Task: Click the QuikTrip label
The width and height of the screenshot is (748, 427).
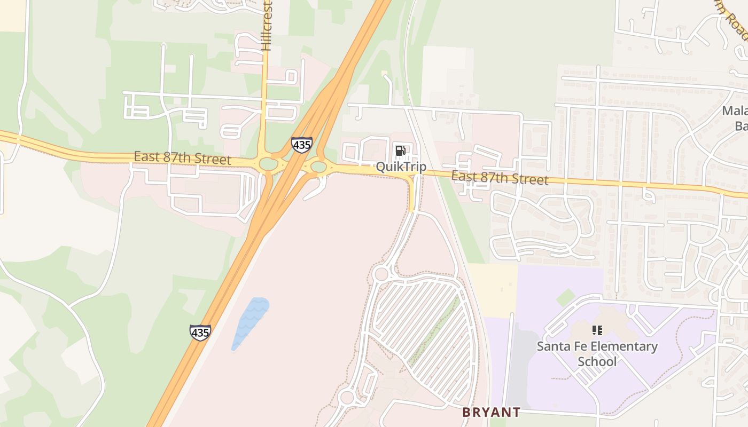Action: (401, 167)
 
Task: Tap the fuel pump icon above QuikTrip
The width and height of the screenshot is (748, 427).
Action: (400, 150)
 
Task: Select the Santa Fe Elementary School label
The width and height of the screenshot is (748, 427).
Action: (597, 353)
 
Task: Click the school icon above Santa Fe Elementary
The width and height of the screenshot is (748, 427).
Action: (597, 330)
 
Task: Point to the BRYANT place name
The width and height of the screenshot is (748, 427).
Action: (491, 412)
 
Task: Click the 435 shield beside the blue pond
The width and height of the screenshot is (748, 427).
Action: (200, 333)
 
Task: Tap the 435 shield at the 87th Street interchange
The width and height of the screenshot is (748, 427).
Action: (301, 145)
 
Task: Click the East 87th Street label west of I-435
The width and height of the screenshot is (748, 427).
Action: (182, 158)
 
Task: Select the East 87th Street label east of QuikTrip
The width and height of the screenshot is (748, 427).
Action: (499, 177)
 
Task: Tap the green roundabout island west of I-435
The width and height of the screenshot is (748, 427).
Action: (268, 164)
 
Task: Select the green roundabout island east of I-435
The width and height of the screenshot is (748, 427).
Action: (318, 167)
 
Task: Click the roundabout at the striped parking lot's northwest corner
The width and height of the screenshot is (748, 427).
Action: (381, 274)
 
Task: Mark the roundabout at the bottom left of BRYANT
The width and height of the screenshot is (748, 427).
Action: (347, 397)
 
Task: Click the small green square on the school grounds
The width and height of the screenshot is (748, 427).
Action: (565, 297)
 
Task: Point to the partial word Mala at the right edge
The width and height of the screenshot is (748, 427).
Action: (734, 111)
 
